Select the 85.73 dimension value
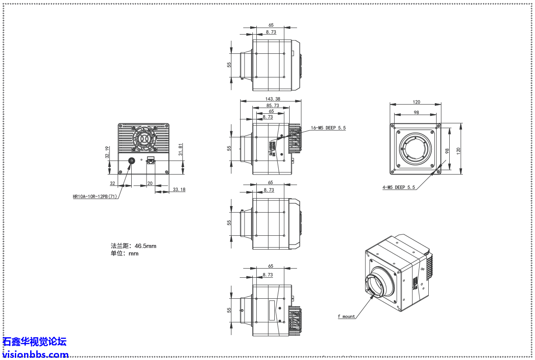[273, 105]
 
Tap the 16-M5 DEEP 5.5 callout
[328, 128]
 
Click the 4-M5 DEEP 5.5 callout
[399, 187]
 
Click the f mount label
[346, 316]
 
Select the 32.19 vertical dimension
[107, 152]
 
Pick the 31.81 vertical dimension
[181, 149]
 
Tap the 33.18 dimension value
[179, 189]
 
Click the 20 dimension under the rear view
[150, 183]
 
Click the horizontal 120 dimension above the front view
[416, 102]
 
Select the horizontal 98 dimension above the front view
[416, 112]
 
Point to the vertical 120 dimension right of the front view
[458, 150]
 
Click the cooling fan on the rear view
[143, 138]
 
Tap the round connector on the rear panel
[131, 161]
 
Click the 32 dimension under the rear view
[112, 183]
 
